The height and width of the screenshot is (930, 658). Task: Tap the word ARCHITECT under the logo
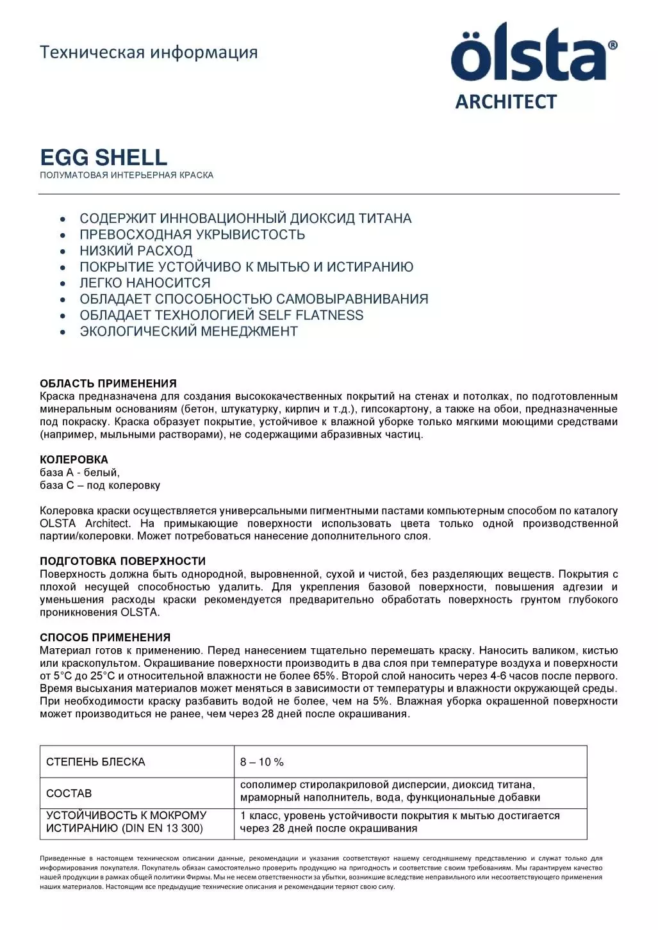pyautogui.click(x=506, y=102)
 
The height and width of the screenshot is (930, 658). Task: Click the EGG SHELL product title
pyautogui.click(x=104, y=157)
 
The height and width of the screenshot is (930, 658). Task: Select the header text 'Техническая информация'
pyautogui.click(x=149, y=52)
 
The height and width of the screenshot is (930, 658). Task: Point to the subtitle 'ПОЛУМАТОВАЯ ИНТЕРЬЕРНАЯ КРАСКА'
pyautogui.click(x=127, y=175)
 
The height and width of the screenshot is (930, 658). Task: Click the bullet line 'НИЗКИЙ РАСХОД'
pyautogui.click(x=136, y=250)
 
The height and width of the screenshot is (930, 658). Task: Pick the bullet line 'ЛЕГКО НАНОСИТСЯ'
pyautogui.click(x=145, y=282)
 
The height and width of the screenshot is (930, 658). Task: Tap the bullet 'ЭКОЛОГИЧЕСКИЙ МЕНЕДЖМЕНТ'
pyautogui.click(x=188, y=331)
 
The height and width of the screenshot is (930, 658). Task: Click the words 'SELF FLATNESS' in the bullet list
pyautogui.click(x=311, y=315)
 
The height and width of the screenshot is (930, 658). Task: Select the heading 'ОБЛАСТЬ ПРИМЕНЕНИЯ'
pyautogui.click(x=108, y=384)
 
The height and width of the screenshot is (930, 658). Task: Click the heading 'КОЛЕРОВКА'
pyautogui.click(x=74, y=459)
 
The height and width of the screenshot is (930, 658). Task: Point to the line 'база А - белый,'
pyautogui.click(x=80, y=472)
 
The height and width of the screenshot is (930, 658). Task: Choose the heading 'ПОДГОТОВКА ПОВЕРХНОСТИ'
pyautogui.click(x=123, y=561)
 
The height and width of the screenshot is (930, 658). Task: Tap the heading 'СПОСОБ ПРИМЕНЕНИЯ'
pyautogui.click(x=105, y=637)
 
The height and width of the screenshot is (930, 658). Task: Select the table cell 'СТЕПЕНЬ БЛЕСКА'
pyautogui.click(x=95, y=762)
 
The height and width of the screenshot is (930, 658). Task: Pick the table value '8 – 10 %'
pyautogui.click(x=261, y=762)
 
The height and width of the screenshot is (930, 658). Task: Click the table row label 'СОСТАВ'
pyautogui.click(x=69, y=793)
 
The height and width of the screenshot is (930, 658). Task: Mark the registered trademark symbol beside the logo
pyautogui.click(x=613, y=45)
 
